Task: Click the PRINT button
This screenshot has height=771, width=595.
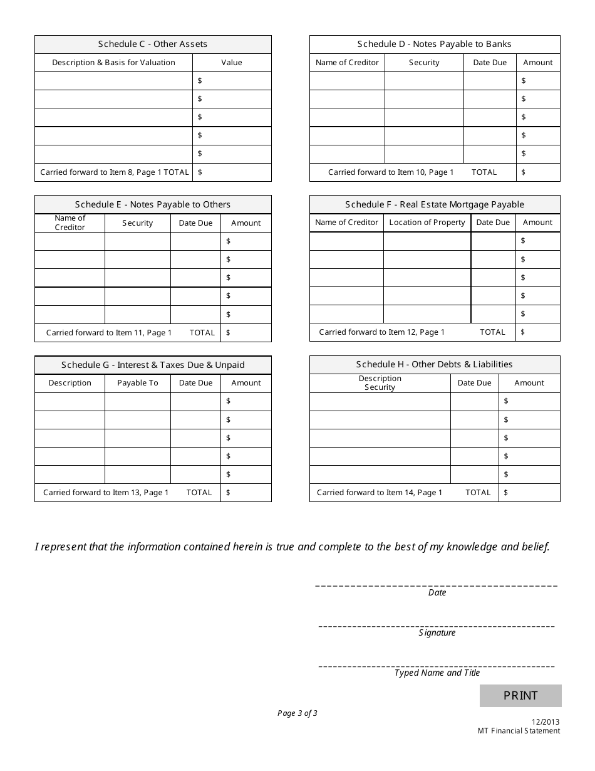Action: pyautogui.click(x=520, y=695)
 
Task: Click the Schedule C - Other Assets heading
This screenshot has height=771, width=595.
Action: pyautogui.click(x=153, y=44)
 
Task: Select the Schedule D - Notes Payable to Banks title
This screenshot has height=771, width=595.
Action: pyautogui.click(x=434, y=44)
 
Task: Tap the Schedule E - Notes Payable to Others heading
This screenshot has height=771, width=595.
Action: pyautogui.click(x=153, y=204)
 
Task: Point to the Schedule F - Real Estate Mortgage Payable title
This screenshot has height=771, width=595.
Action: pyautogui.click(x=434, y=204)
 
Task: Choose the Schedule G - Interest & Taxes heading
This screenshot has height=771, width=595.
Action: pyautogui.click(x=153, y=365)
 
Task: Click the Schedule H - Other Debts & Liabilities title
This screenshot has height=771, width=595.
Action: pyautogui.click(x=434, y=364)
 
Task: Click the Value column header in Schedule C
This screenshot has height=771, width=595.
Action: pyautogui.click(x=232, y=63)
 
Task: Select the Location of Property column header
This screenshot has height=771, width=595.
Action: pyautogui.click(x=427, y=223)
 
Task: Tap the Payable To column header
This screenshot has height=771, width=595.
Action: pyautogui.click(x=138, y=383)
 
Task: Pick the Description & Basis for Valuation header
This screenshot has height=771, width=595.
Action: pyautogui.click(x=113, y=63)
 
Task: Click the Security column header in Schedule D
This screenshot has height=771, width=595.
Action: pyautogui.click(x=424, y=63)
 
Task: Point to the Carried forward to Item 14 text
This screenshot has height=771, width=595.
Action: pyautogui.click(x=380, y=493)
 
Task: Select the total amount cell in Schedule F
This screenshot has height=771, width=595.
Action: pyautogui.click(x=538, y=332)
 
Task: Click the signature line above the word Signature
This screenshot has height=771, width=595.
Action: pyautogui.click(x=437, y=626)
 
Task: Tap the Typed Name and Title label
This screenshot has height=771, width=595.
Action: pyautogui.click(x=437, y=673)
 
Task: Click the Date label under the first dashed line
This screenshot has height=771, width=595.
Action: pyautogui.click(x=437, y=593)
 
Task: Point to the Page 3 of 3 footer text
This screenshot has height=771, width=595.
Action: pyautogui.click(x=297, y=713)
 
